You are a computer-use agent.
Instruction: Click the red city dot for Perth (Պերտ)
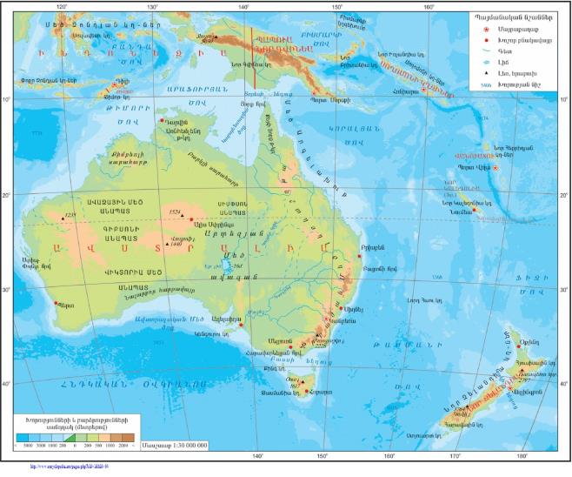(57, 304)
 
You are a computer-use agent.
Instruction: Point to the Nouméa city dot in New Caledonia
(475, 209)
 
